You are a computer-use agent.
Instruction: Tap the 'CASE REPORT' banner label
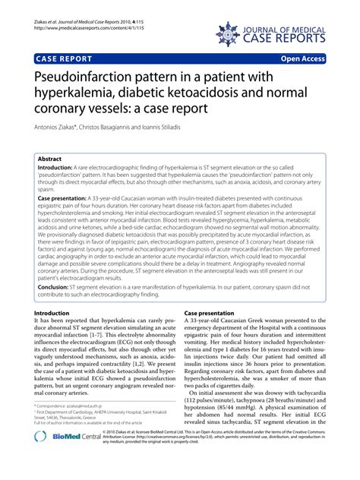pos(63,58)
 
